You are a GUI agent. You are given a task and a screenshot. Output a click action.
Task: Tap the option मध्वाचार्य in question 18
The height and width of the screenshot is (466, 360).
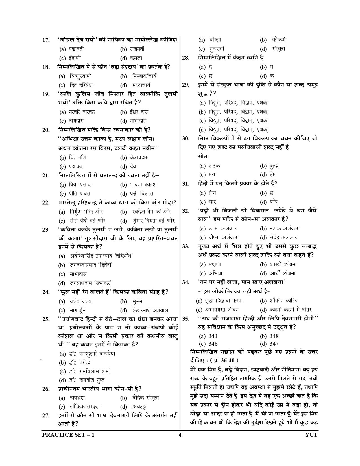click(141, 85)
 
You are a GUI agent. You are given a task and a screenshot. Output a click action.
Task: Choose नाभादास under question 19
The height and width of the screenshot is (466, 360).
click(138, 121)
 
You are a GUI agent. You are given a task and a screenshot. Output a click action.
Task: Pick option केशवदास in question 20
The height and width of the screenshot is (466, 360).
click(139, 157)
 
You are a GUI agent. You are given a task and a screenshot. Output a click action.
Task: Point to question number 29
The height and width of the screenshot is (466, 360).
click(186, 85)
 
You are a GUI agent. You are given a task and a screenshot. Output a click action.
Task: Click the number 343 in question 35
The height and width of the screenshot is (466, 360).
click(212, 336)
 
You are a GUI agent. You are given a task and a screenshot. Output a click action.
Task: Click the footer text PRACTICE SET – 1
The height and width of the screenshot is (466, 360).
click(68, 435)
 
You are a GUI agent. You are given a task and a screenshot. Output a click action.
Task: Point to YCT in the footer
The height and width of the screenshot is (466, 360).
click(311, 435)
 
